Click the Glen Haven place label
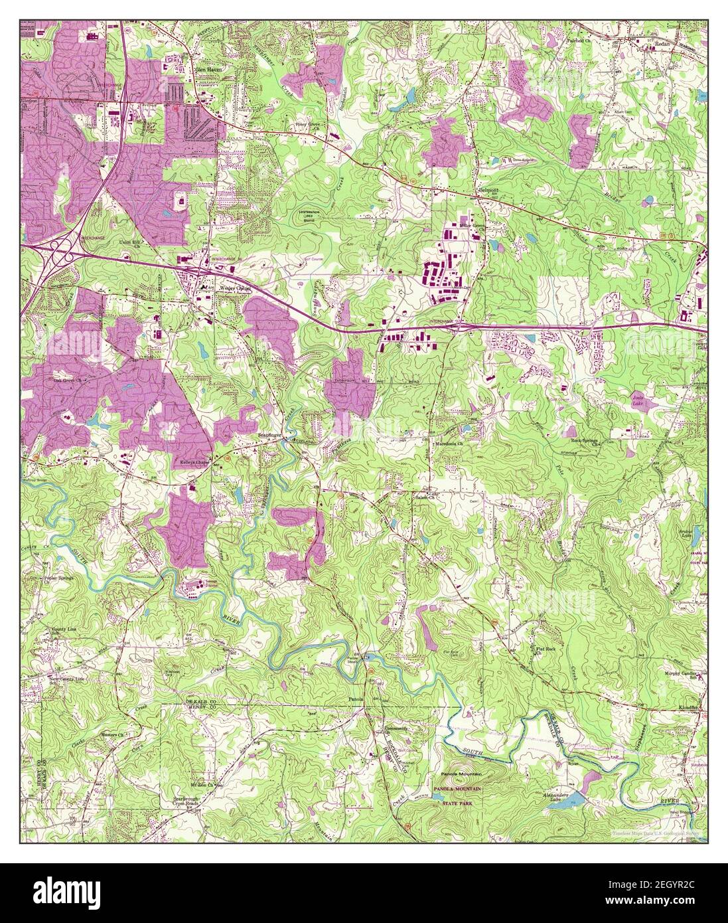click(x=206, y=68)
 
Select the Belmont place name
click(x=488, y=188)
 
